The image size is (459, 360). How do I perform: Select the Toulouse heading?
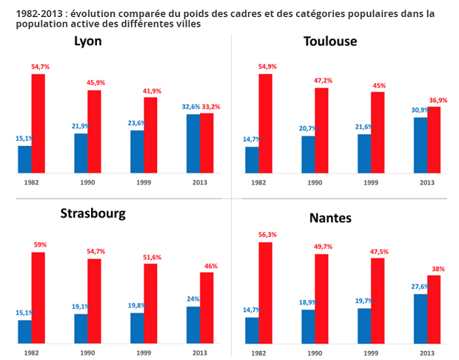tap(330, 41)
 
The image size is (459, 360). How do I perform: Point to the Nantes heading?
tap(331, 219)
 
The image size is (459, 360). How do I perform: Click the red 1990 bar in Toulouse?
tap(321, 130)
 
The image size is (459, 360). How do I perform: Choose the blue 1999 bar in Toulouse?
tap(364, 154)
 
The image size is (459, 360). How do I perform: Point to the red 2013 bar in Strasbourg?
tap(207, 307)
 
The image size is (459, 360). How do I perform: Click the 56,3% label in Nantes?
tap(267, 236)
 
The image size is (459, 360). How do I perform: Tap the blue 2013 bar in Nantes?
tap(420, 319)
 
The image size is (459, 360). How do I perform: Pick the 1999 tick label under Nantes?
tap(371, 353)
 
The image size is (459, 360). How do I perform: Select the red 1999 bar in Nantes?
tap(378, 301)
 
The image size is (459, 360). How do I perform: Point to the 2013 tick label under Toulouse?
tap(427, 182)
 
